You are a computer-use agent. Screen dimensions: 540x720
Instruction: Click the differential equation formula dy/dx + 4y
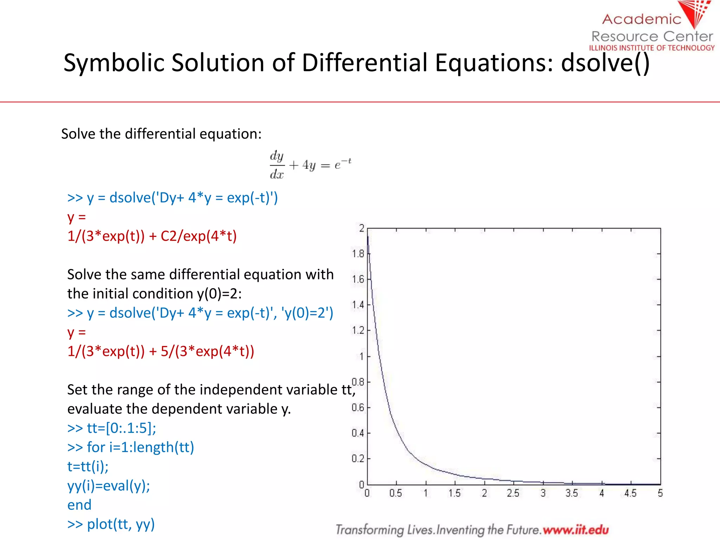pos(310,165)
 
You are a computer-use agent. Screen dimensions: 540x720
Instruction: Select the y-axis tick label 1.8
pos(358,253)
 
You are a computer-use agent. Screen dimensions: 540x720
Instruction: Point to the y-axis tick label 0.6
pos(358,407)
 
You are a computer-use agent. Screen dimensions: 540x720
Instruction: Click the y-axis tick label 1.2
pos(358,330)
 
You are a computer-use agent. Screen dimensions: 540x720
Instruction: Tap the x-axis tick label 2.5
pos(513,493)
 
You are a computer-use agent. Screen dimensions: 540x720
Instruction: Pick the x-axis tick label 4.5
pos(630,493)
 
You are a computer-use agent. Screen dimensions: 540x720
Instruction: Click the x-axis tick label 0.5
pos(396,493)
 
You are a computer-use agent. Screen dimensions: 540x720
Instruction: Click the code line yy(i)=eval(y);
pos(109,486)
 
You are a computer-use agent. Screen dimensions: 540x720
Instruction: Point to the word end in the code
pos(79,505)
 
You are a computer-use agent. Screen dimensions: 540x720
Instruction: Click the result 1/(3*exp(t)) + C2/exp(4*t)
pos(152,236)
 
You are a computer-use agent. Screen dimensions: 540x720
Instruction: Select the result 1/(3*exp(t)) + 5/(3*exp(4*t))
pos(161,351)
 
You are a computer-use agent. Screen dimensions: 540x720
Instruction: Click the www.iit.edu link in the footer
pos(576,529)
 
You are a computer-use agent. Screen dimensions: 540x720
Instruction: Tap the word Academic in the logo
pos(642,19)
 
